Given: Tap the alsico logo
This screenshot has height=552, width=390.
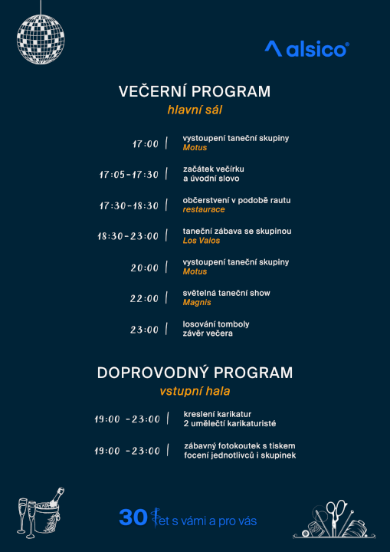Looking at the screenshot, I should tap(306, 49).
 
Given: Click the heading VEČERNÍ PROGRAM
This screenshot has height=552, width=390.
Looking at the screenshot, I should tap(195, 91).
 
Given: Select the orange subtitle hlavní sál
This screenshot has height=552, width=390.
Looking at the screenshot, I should tap(195, 110).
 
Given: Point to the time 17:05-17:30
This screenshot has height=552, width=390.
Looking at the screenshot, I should tap(129, 175).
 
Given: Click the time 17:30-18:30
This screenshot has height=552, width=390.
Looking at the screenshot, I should tap(129, 205).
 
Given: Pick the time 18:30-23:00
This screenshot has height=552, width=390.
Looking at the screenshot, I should tap(128, 236).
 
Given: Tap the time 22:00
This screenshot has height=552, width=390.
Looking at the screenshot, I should tap(144, 299).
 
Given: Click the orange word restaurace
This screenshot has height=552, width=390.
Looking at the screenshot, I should tap(204, 210).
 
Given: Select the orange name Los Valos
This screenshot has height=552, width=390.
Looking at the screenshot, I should tap(202, 241).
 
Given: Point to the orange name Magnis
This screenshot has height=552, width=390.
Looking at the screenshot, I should tap(196, 303).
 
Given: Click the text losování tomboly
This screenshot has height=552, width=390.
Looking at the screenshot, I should tap(216, 324).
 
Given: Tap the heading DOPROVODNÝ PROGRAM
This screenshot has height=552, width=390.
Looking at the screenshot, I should tap(195, 373).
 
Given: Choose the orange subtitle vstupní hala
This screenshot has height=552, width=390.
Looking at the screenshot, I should tap(195, 391).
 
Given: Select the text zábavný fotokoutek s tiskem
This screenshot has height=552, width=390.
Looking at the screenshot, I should tap(239, 445).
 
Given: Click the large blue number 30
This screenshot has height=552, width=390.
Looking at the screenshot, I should tap(133, 518).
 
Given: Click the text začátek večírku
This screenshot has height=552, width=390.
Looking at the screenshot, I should tap(213, 169).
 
